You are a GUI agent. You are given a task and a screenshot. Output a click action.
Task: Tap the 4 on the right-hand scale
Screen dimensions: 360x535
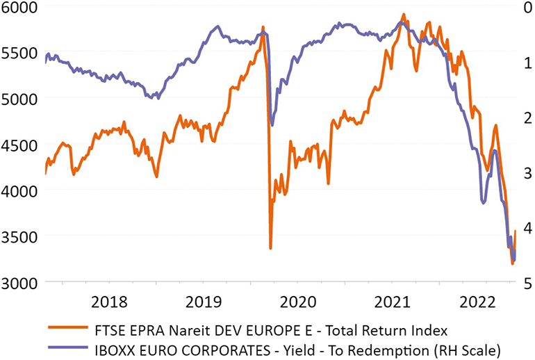pos(525,228)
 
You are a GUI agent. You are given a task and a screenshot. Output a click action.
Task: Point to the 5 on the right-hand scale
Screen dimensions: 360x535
pos(525,283)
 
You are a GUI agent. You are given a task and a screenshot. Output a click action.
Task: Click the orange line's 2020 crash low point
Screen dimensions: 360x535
pos(270,248)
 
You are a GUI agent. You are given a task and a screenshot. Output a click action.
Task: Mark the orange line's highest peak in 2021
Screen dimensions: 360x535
pos(404,14)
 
